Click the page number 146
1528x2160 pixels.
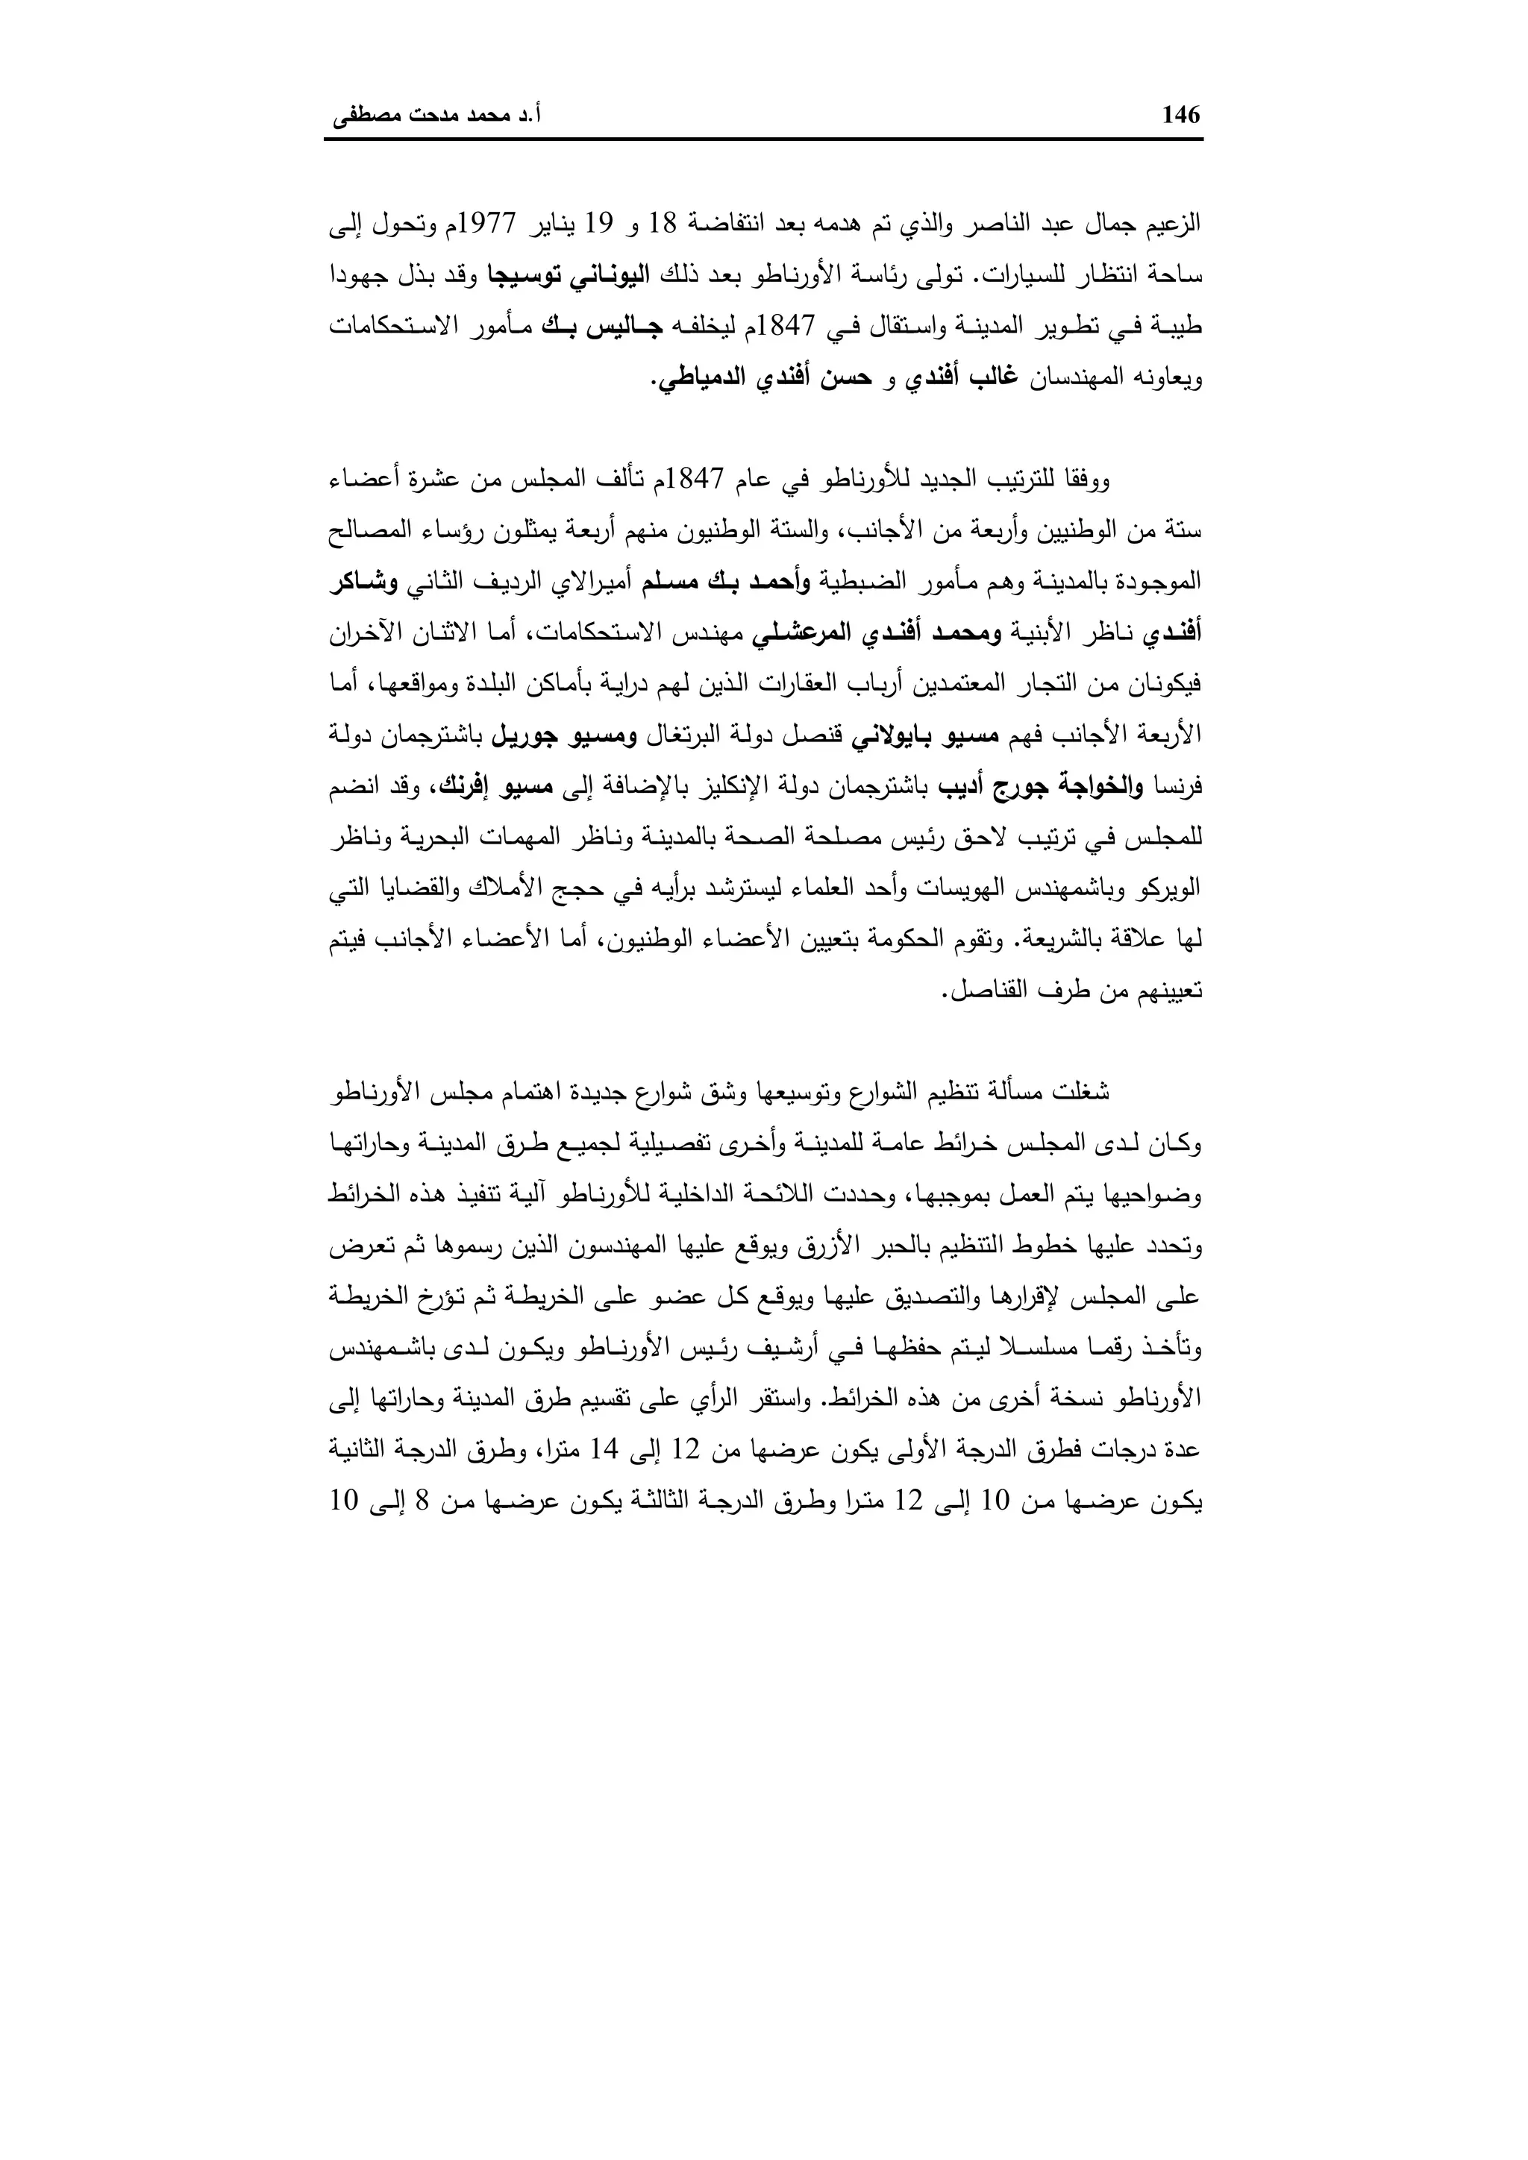click(1182, 116)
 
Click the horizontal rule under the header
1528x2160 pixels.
click(763, 141)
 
